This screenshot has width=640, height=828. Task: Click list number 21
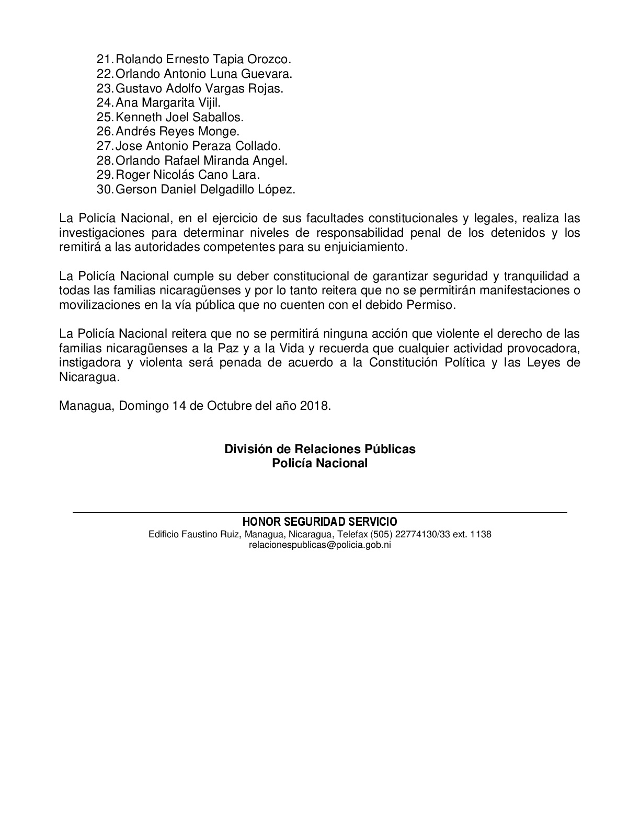[105, 60]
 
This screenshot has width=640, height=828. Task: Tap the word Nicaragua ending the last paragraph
[89, 377]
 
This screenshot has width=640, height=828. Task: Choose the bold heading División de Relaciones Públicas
[319, 449]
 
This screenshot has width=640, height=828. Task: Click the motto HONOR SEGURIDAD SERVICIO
[319, 522]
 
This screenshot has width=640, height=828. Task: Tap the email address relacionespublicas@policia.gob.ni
[319, 545]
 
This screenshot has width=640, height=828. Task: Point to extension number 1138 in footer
[481, 534]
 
